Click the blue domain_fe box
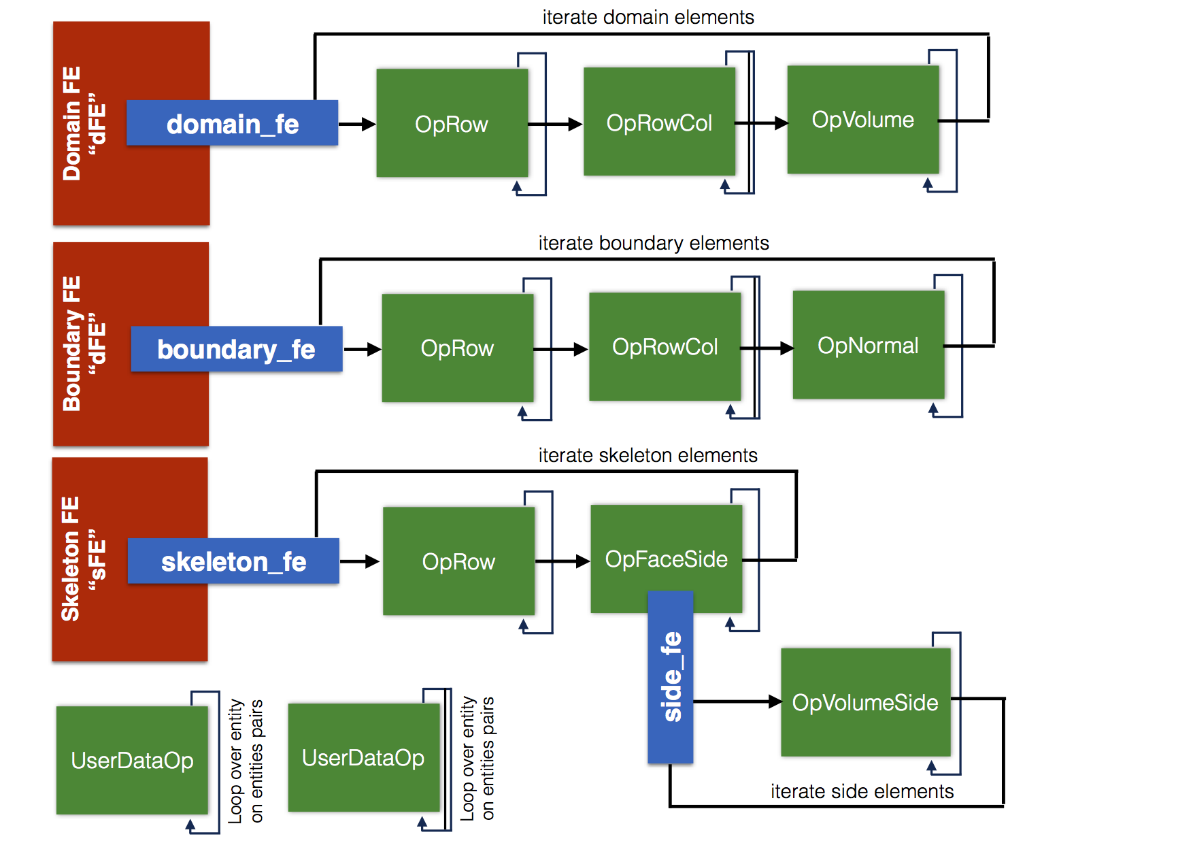coord(232,123)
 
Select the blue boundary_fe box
coord(236,349)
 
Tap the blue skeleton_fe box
coord(233,561)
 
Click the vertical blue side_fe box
coord(671,677)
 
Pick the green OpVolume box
coord(862,120)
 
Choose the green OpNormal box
coord(868,345)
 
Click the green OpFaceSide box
coord(666,559)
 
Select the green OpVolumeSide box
coord(864,702)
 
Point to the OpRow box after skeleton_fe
coord(458,561)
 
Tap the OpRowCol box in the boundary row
coord(665,347)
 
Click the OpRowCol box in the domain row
coord(659,122)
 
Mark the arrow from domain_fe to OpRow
coord(357,124)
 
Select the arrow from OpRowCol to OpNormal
coord(767,348)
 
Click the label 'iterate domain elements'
coord(648,17)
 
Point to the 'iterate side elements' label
coord(862,791)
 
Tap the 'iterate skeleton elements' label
coord(648,455)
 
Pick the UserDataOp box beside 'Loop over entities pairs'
coord(363,757)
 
